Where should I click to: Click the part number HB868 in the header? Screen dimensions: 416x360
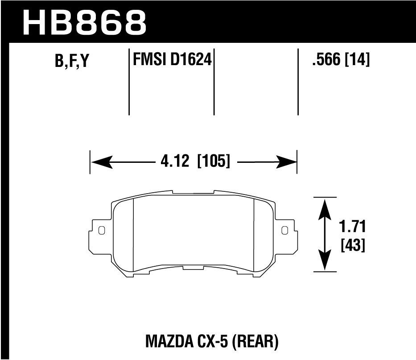coord(84,22)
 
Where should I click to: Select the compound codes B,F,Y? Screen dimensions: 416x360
coord(71,61)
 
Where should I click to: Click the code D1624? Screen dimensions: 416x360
coord(191,59)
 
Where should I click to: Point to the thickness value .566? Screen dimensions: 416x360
coord(326,59)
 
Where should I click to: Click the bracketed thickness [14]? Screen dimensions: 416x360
coord(357,59)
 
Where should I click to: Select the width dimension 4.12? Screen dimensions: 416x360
coord(175,161)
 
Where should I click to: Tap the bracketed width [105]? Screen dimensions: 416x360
coord(214,161)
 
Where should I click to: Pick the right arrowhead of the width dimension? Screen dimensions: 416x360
coord(286,162)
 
